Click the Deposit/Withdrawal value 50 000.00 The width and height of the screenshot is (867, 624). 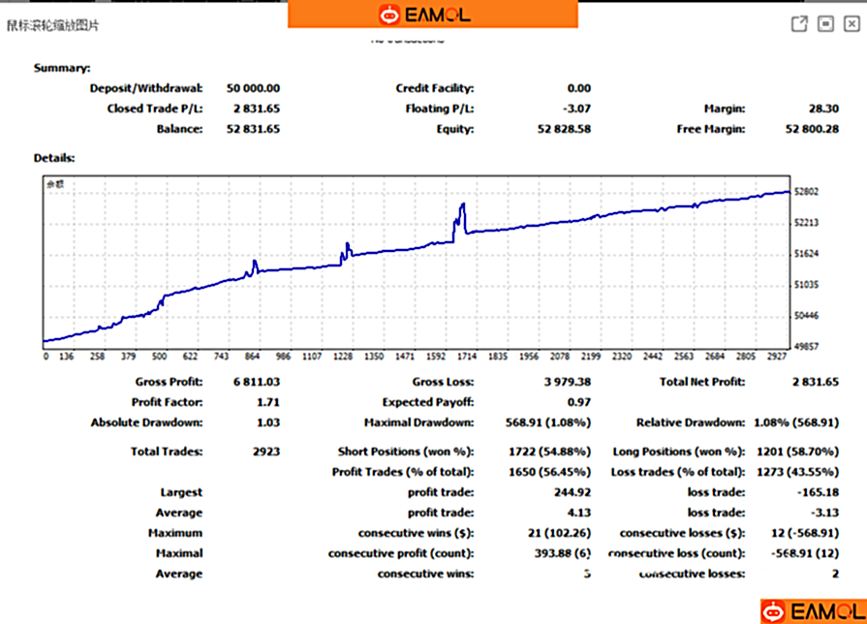[x=253, y=88]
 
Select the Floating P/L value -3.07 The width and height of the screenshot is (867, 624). [x=577, y=109]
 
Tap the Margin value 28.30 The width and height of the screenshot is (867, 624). [x=825, y=109]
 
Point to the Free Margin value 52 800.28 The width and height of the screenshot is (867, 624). [x=812, y=129]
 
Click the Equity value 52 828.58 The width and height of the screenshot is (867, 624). [x=563, y=129]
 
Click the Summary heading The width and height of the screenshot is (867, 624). [x=62, y=68]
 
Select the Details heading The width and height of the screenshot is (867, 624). [x=54, y=157]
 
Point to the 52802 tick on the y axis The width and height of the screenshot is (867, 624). [x=806, y=192]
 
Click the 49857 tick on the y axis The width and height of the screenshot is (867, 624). [x=806, y=346]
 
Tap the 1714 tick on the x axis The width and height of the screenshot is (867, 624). [x=468, y=356]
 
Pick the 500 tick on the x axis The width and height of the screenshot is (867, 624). [x=160, y=356]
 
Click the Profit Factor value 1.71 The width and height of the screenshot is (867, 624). [x=268, y=402]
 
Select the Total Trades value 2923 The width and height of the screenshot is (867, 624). [x=265, y=452]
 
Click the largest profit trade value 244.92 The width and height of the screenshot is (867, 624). [x=573, y=492]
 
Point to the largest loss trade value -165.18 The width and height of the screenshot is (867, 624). [x=819, y=492]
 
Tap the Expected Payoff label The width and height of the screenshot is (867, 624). [x=428, y=402]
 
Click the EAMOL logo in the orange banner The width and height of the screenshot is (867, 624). [x=432, y=14]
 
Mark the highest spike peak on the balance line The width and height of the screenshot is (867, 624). [x=464, y=203]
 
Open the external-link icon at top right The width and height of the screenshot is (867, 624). [x=799, y=24]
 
